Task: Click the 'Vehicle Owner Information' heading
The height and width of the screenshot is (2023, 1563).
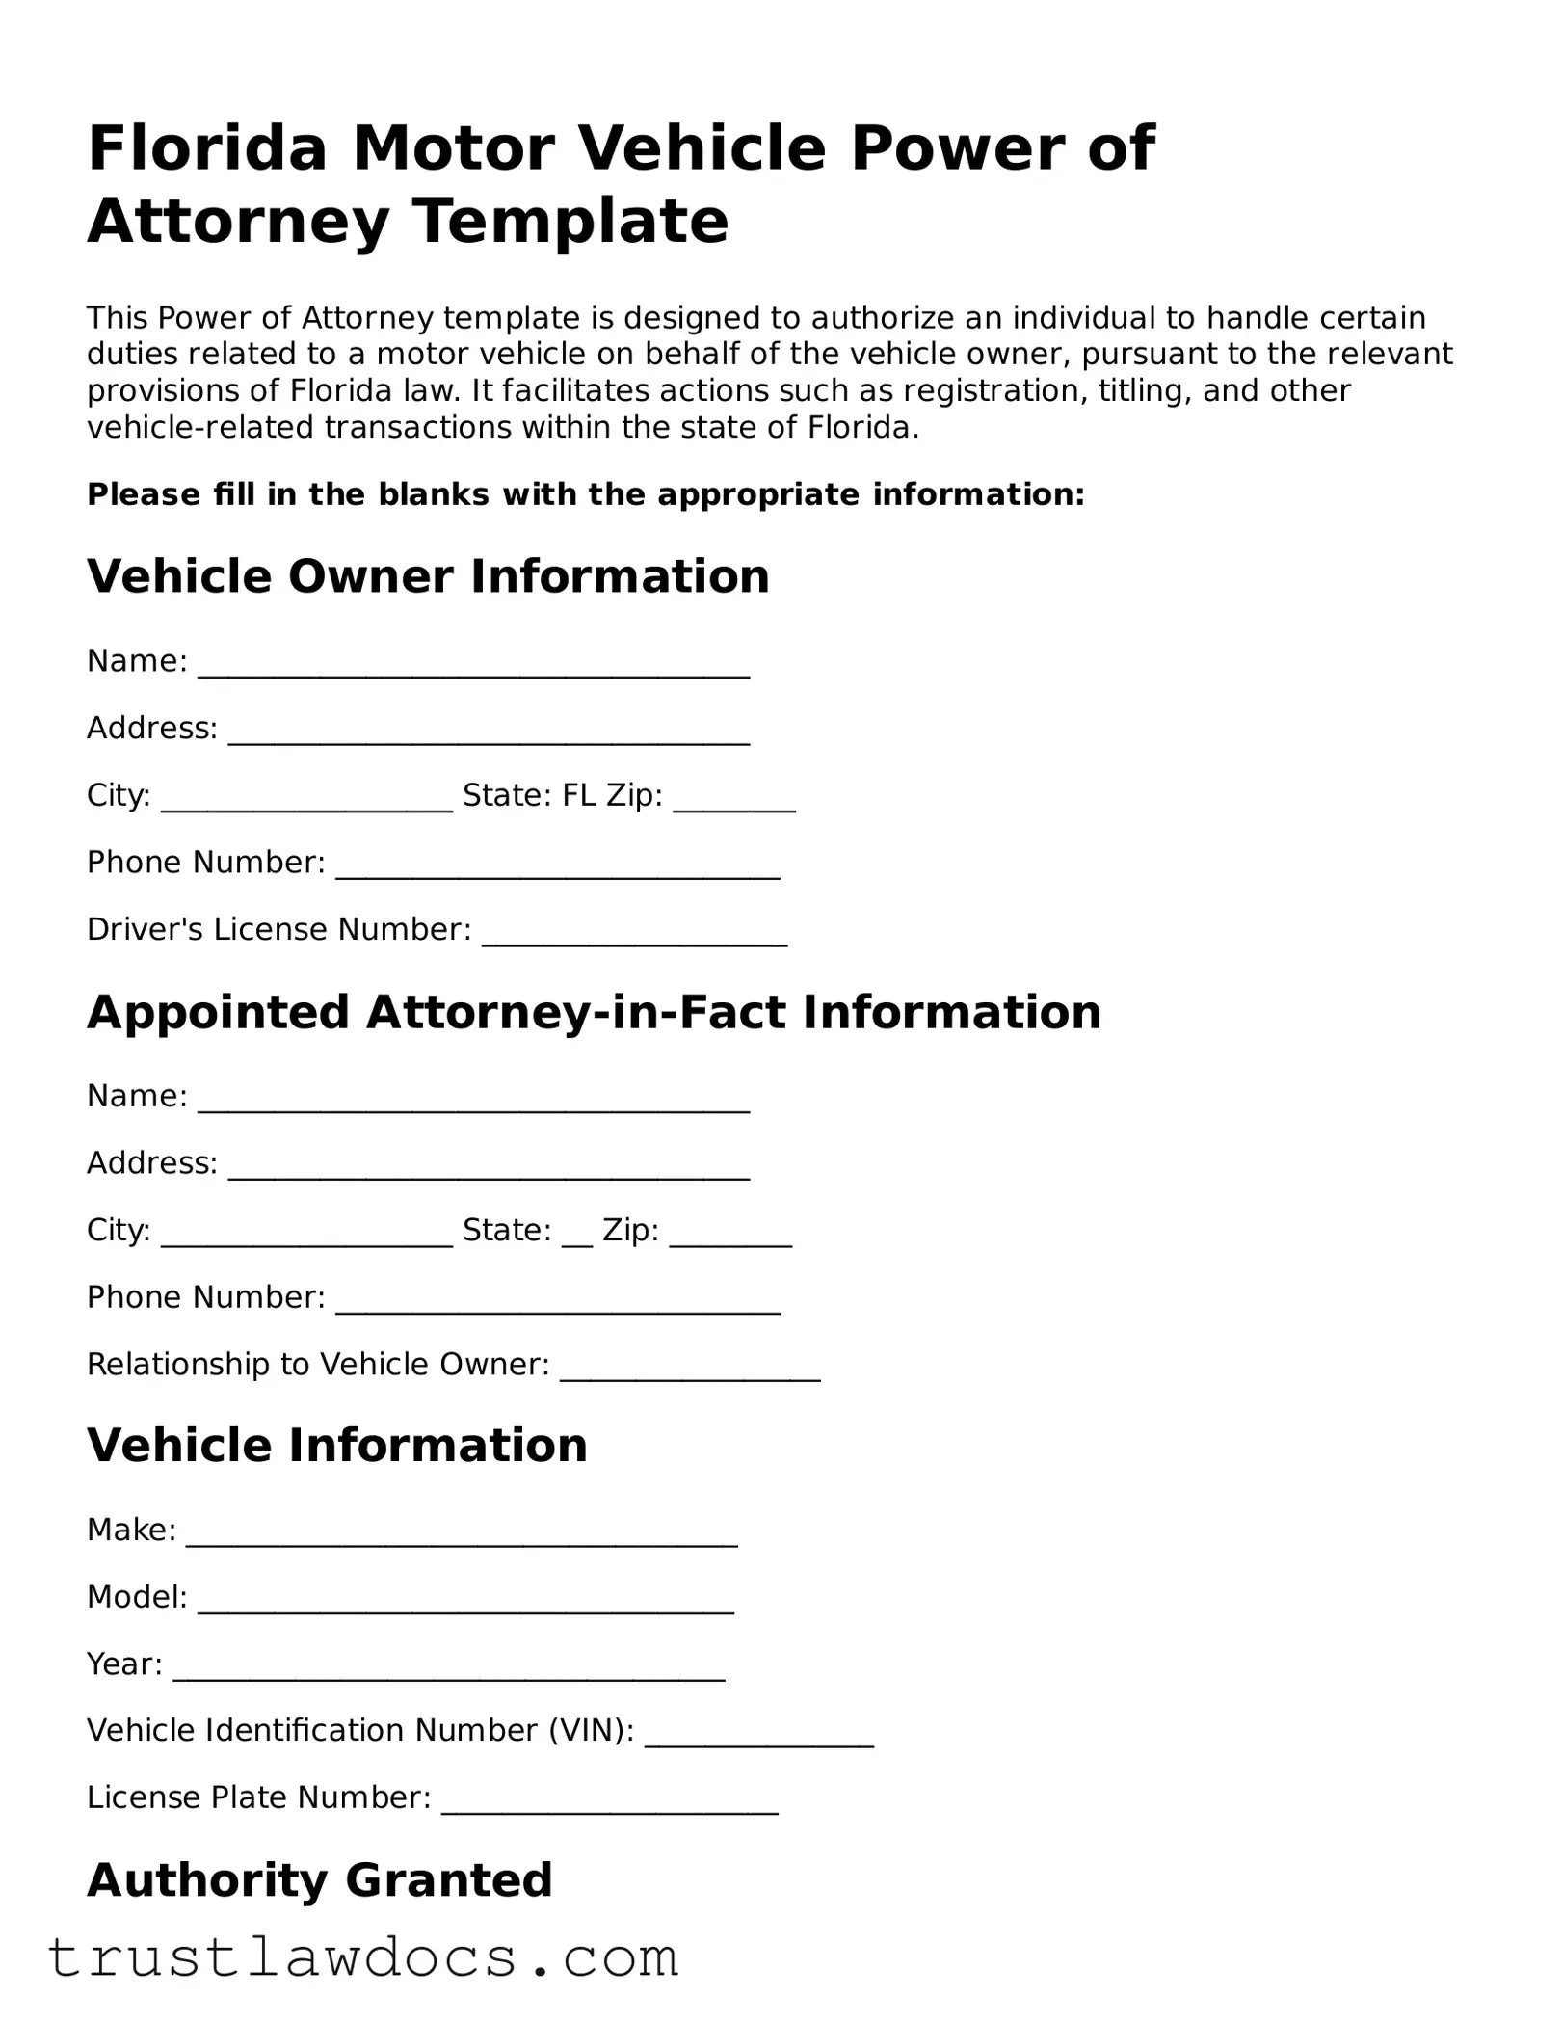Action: (428, 576)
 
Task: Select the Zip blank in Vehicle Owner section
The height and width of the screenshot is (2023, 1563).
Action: (733, 799)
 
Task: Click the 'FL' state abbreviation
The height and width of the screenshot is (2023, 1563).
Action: (579, 795)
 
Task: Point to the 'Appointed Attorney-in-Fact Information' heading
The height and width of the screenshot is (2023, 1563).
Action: (594, 1012)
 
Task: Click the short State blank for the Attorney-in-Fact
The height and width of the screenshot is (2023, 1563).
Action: (576, 1235)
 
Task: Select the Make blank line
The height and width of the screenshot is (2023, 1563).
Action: (462, 1532)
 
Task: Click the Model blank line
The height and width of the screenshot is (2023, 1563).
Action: (465, 1600)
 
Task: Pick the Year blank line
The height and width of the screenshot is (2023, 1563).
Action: (448, 1667)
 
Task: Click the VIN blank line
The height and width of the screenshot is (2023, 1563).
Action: (758, 1734)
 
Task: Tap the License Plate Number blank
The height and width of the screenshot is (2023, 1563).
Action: (609, 1801)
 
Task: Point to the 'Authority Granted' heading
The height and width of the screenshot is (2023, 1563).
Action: (320, 1880)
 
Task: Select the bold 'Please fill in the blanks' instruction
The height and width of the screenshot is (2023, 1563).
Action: (586, 494)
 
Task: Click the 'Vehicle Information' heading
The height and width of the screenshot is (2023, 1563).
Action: (336, 1446)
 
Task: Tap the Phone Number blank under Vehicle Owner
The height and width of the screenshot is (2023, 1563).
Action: (557, 866)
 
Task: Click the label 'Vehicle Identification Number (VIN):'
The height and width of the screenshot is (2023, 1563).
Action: (360, 1731)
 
